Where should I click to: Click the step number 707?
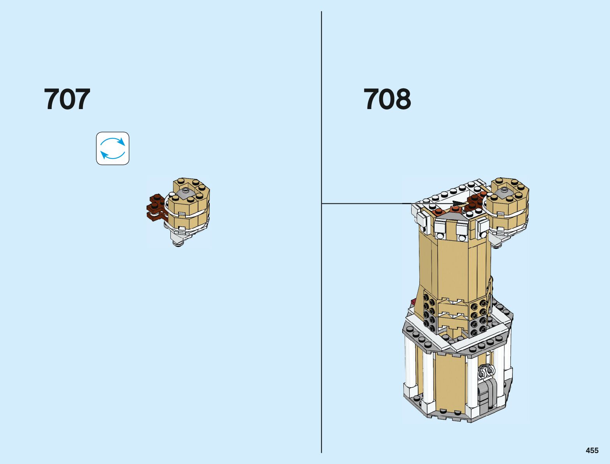(x=67, y=99)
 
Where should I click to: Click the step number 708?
(x=387, y=99)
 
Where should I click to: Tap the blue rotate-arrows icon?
(x=113, y=148)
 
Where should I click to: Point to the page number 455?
(x=592, y=450)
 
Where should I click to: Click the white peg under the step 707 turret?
(x=179, y=243)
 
